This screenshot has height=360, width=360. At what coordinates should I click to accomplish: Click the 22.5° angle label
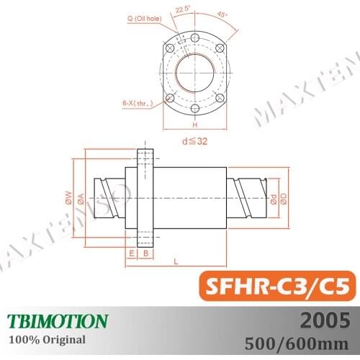click(182, 10)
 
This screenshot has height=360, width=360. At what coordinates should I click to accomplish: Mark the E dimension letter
click(131, 253)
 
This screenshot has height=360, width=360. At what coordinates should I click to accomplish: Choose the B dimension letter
click(145, 253)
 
